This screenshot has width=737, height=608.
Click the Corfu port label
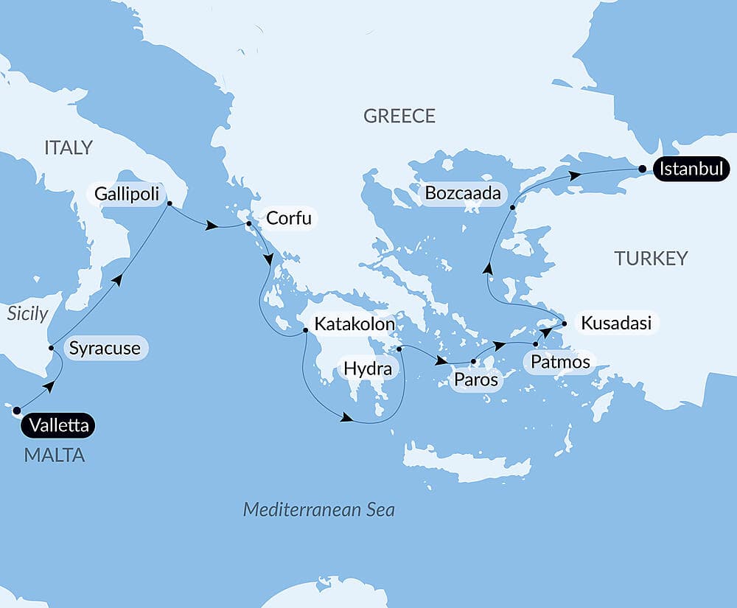[x=289, y=218]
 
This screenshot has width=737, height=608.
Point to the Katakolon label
[x=354, y=324]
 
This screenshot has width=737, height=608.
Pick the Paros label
[x=476, y=380]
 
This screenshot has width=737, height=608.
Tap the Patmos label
[x=556, y=362]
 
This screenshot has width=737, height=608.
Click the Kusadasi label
[x=615, y=323]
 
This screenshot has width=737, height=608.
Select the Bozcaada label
[x=463, y=194]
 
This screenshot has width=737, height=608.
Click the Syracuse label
[x=106, y=348]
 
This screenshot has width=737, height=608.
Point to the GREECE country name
[x=399, y=116]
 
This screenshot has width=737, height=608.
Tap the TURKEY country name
[x=651, y=258]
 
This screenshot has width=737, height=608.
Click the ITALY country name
[x=69, y=147]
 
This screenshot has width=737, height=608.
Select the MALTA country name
[x=55, y=455]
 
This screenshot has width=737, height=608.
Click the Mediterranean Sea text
[x=318, y=509]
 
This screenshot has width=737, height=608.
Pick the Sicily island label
[x=27, y=313]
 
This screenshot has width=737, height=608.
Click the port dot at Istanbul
[x=643, y=170]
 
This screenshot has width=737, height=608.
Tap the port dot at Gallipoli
[x=169, y=203]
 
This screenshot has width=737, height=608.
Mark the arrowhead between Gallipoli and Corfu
[x=212, y=226]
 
